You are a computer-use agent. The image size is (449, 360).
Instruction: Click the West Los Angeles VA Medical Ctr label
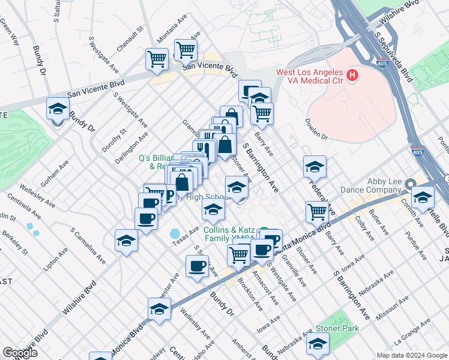click(309, 76)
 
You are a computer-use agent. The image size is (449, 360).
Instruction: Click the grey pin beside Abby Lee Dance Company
click(410, 184)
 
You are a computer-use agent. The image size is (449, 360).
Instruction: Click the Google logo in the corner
click(20, 353)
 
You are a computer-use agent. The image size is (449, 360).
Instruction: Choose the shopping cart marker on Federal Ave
click(317, 211)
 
